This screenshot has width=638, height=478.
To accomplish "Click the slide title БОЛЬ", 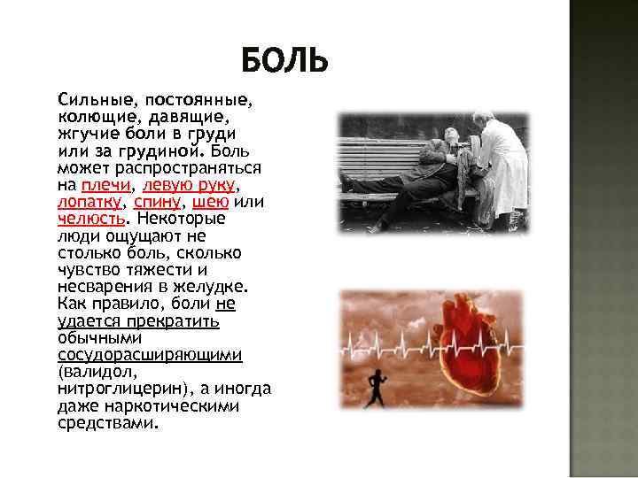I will click(284, 61).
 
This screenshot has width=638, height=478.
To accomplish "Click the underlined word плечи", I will click(105, 185).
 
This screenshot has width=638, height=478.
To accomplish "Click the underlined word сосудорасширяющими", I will click(150, 354).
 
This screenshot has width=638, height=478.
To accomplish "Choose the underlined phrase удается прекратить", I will click(138, 320).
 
